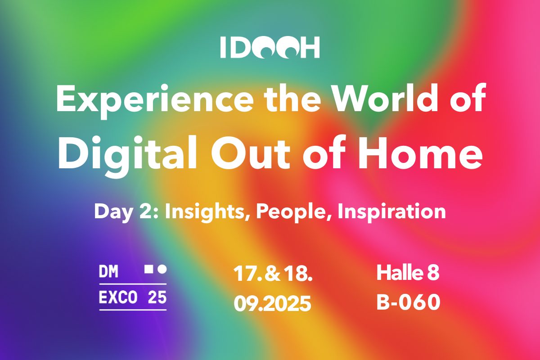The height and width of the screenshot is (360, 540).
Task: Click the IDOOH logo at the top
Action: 270,47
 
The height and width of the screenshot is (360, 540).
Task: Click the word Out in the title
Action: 251,153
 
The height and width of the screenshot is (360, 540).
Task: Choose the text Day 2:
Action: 126,211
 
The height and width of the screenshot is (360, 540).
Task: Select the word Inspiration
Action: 392,211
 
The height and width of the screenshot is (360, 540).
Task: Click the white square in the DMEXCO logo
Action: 148,270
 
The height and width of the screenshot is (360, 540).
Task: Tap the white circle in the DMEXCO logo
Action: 162,270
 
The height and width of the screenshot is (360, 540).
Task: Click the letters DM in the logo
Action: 108,271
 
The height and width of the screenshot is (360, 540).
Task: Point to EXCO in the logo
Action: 118,297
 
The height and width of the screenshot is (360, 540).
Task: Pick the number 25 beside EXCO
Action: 157,297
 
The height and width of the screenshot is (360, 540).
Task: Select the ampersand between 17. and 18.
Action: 273,274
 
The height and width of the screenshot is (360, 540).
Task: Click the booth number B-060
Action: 409,302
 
